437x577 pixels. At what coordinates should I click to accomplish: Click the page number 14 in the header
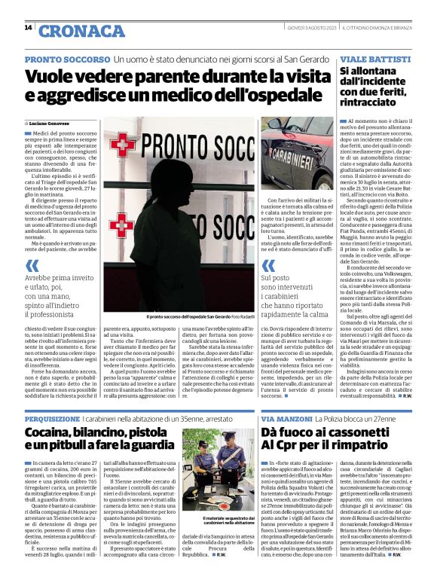pyautogui.click(x=28, y=28)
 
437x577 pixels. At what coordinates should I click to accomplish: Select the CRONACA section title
pyautogui.click(x=81, y=30)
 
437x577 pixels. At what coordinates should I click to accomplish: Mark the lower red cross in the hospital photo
pyautogui.click(x=121, y=224)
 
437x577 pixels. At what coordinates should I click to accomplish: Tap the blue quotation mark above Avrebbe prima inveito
pyautogui.click(x=32, y=265)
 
